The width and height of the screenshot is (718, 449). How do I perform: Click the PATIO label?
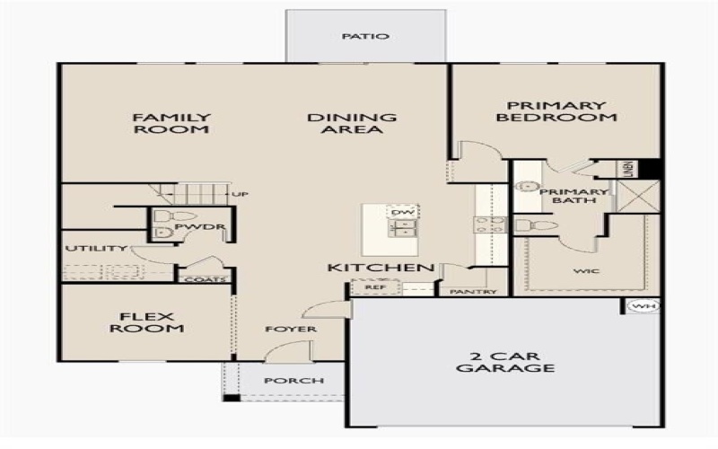[365, 37]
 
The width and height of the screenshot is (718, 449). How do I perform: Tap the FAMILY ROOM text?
[171, 123]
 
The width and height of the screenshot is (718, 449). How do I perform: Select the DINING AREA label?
[352, 123]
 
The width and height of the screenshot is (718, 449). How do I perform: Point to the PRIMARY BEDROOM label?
[557, 110]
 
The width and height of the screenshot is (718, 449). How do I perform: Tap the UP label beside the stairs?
[240, 194]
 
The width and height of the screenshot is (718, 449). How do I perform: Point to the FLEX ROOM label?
[146, 321]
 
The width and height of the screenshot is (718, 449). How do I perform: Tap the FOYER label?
[291, 330]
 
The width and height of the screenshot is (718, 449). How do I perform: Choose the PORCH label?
[293, 381]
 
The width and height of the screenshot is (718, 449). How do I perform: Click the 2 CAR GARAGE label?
[505, 361]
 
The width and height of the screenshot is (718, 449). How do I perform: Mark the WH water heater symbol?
[642, 307]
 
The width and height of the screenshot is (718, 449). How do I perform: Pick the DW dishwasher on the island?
[401, 211]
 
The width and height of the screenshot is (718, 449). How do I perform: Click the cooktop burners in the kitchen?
[491, 224]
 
